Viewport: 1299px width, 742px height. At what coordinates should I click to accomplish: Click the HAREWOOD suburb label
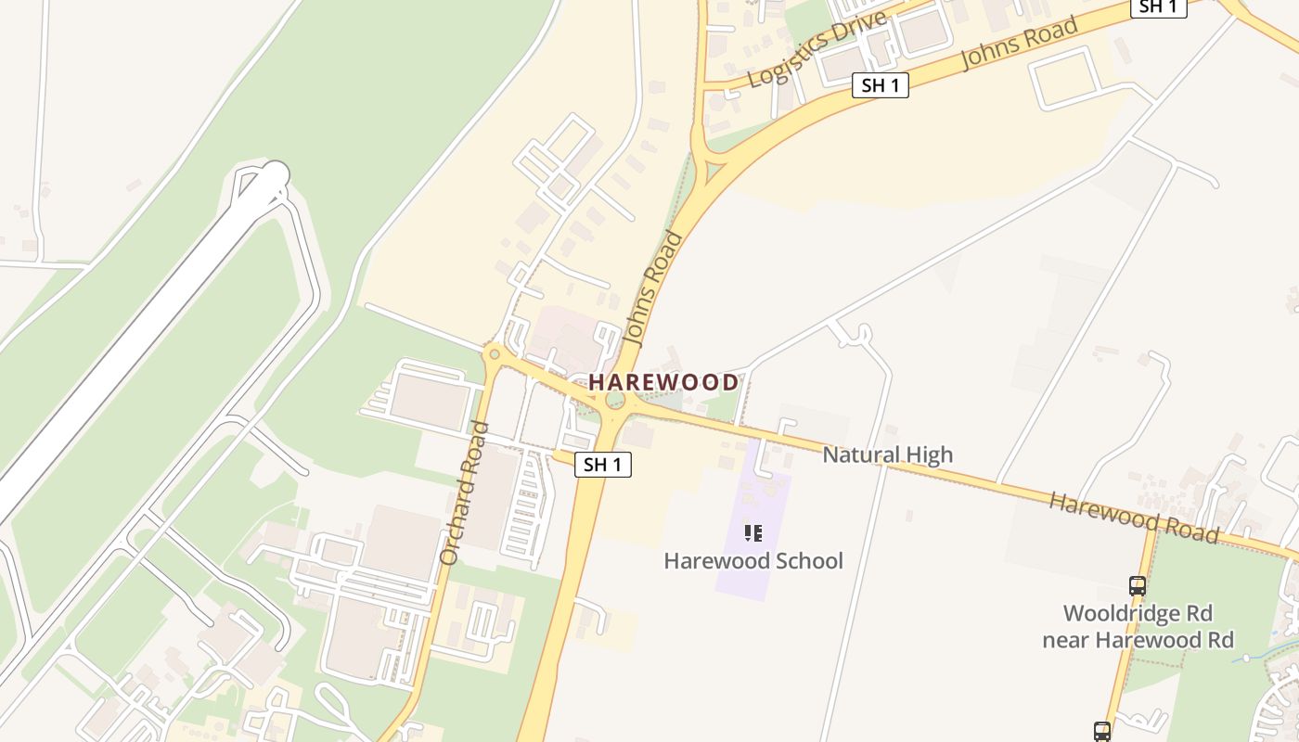[663, 382]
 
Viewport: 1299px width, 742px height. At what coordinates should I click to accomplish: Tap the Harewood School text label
[753, 561]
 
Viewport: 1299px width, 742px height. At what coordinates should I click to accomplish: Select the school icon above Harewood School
[753, 533]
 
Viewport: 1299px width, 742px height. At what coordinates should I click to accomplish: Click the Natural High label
[887, 454]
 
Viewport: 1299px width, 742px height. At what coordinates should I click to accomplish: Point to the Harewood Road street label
[1133, 518]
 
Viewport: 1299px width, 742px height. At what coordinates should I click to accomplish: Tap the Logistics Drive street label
[817, 49]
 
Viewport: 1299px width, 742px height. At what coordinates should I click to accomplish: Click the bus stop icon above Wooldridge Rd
[1138, 586]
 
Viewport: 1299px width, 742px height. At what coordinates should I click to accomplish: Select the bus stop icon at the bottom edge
[1101, 732]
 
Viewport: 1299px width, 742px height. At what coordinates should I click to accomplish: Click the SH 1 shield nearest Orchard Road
[603, 465]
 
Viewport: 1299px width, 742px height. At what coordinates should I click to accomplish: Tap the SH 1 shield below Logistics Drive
[880, 85]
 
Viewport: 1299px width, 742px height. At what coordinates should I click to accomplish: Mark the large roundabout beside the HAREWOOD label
[615, 402]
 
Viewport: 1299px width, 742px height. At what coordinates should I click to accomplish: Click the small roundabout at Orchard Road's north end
[494, 353]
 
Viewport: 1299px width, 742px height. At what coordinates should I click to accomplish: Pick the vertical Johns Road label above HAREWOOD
[655, 288]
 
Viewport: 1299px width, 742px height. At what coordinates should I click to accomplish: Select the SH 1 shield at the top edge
[1158, 6]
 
